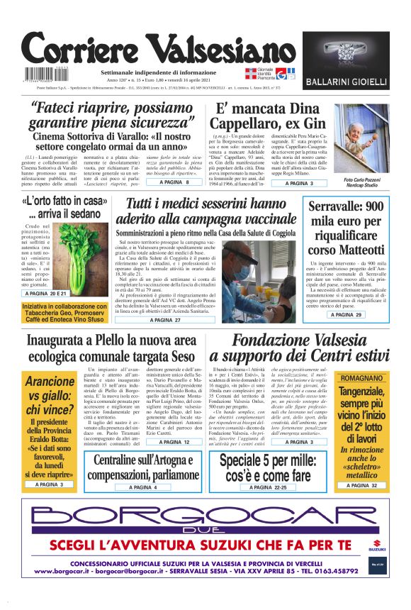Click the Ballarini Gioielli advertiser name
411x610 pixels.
point(346,83)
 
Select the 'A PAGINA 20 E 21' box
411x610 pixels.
point(49,293)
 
